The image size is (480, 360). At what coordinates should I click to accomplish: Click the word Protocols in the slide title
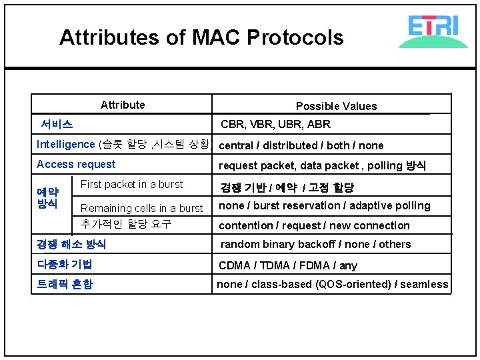[295, 37]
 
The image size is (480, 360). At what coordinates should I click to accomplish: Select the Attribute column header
[123, 105]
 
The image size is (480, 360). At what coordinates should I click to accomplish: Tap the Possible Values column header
[336, 106]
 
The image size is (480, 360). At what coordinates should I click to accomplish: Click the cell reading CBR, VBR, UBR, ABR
[275, 125]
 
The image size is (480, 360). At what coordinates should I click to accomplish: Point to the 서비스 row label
[57, 124]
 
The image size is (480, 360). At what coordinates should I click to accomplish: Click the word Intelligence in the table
[66, 145]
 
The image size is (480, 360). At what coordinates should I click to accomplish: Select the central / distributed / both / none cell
[301, 145]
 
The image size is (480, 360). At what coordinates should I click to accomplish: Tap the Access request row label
[76, 165]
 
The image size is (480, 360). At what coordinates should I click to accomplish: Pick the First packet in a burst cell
[131, 185]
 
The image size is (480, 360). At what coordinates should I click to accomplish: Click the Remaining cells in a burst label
[141, 208]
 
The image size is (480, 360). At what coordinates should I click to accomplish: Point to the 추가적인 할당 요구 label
[126, 224]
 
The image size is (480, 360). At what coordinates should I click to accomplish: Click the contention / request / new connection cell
[314, 226]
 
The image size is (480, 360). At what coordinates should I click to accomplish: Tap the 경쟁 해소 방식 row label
[71, 245]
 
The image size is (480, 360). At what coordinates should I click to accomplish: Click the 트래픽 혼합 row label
[65, 285]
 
